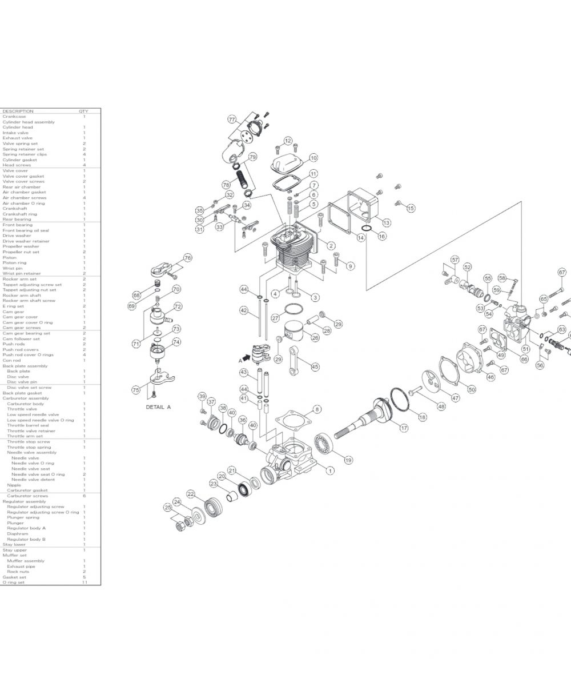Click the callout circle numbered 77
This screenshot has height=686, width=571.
point(232,119)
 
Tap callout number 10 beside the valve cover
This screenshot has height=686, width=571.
point(313,158)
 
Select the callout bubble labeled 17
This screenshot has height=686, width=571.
point(404,428)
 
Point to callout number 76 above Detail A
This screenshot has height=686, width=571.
point(187,258)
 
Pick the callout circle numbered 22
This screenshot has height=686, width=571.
point(191,494)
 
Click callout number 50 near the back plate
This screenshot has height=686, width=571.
point(472,389)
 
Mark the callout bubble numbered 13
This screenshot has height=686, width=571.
point(387,222)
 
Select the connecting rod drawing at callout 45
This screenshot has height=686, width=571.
point(297,356)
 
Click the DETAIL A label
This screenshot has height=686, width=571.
point(158,407)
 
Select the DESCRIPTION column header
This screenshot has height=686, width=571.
point(18,111)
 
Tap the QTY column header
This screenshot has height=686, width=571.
point(83,111)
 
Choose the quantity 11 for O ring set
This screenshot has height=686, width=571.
point(84,583)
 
